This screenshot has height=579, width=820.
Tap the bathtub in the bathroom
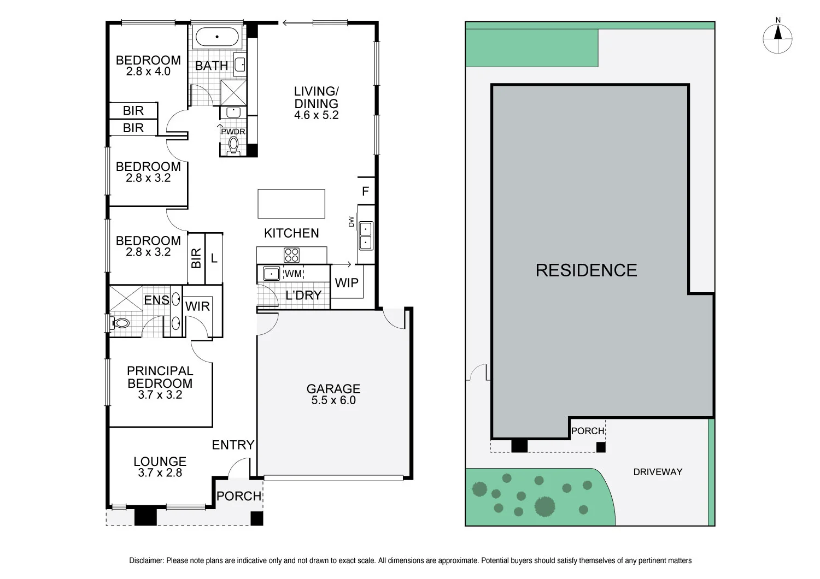[217, 37]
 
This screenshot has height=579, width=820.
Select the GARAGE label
[333, 389]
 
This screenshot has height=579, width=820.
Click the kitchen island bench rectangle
[291, 204]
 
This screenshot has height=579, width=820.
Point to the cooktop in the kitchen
[291, 255]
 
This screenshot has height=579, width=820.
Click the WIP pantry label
[347, 283]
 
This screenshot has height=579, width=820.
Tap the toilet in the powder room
[234, 144]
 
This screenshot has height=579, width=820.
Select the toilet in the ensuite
[121, 323]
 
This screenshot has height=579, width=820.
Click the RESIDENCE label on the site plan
[586, 270]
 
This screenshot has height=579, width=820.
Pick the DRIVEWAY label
[658, 472]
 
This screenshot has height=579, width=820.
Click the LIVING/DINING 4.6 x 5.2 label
[316, 103]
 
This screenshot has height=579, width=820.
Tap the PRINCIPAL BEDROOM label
[160, 377]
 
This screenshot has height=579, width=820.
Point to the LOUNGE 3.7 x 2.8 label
[160, 467]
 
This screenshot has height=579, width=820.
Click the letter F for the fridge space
[366, 192]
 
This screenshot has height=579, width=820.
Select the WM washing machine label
[294, 273]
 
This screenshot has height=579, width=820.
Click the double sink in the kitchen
[366, 235]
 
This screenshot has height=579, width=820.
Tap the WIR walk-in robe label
[197, 306]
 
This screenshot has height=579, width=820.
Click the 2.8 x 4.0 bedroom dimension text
[148, 72]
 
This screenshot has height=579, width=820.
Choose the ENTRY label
[233, 445]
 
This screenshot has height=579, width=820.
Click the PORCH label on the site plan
[588, 431]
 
